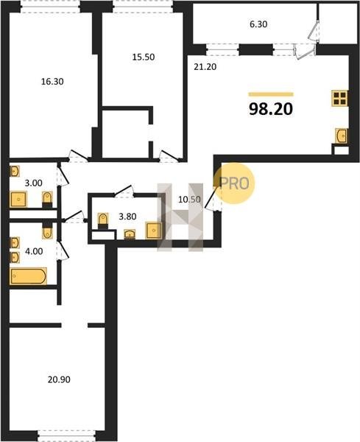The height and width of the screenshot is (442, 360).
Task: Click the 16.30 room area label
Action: click(52, 82)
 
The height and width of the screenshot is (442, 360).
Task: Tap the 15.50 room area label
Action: click(144, 57)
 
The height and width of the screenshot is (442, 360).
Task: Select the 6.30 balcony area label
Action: click(258, 24)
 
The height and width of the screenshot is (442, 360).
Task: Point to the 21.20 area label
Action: click(205, 67)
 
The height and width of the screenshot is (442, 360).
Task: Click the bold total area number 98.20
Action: click(271, 109)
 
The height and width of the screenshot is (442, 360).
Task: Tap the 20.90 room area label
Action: click(59, 379)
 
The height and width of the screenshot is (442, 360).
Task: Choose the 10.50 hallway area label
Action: click(189, 200)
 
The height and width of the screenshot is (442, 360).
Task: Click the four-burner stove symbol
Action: click(340, 98)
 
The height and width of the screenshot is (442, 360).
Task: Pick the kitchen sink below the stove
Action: click(342, 136)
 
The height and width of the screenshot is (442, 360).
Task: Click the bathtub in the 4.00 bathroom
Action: click(28, 276)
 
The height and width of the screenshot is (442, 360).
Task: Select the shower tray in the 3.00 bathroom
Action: click(18, 199)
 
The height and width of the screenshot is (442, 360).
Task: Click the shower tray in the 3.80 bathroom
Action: click(154, 231)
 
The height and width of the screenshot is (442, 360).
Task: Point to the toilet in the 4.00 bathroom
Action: click(47, 231)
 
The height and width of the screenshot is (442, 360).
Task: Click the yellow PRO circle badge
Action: click(234, 183)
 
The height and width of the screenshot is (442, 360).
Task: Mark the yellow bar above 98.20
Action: click(271, 94)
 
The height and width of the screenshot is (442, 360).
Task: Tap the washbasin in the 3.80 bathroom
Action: click(130, 234)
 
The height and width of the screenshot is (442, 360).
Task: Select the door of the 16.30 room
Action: click(79, 156)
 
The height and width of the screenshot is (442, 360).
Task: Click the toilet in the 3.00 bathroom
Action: click(47, 199)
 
